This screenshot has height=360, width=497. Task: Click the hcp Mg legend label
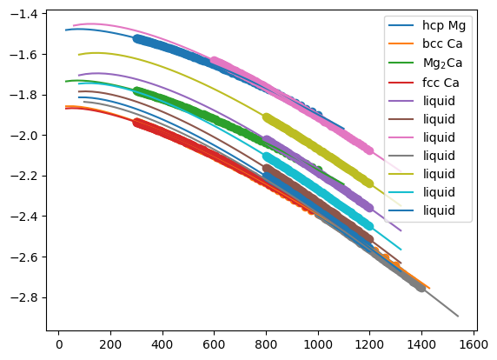[x=444, y=25]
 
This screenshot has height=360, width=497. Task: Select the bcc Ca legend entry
[x=442, y=43]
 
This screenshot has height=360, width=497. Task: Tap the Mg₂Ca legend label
[x=442, y=63]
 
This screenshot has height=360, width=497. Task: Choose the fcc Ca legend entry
[x=441, y=83]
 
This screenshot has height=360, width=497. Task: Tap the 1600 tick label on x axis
[x=474, y=344]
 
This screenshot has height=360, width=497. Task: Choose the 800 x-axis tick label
[x=266, y=344]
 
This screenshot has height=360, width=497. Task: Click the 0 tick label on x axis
[x=58, y=344]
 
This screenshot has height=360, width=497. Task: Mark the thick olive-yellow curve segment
[x=318, y=150]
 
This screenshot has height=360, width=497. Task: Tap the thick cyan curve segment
[x=318, y=191]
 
